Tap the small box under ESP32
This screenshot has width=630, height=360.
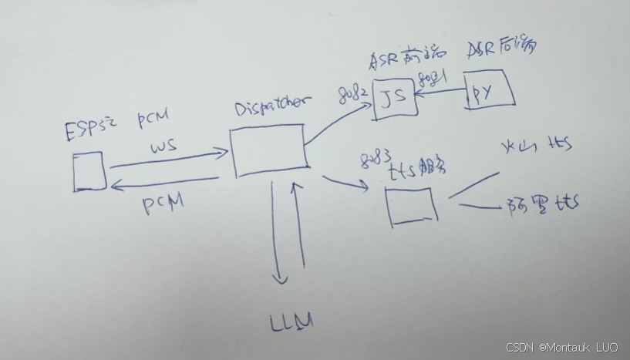pos(89,171)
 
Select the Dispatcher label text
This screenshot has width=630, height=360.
pos(272,106)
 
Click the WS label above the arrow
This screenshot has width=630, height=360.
pos(163,145)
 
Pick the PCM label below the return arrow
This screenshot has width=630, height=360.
pos(163,204)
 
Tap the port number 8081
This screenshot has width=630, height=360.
pos(433,79)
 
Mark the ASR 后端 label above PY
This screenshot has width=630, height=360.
pos(502,49)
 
